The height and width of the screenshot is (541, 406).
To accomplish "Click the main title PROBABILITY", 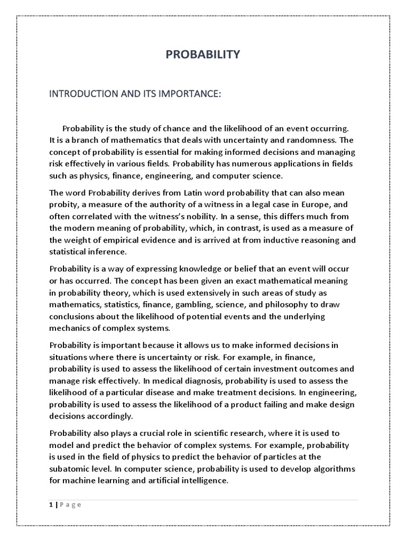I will click(x=203, y=54).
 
